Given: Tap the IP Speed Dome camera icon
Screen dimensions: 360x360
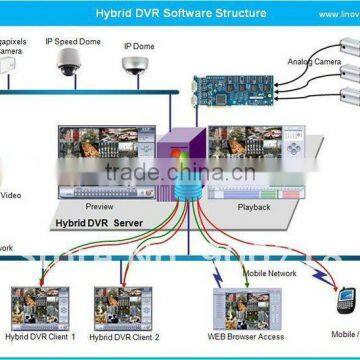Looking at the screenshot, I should pos(70,63).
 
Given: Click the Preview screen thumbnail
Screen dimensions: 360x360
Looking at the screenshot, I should pos(108,154).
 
